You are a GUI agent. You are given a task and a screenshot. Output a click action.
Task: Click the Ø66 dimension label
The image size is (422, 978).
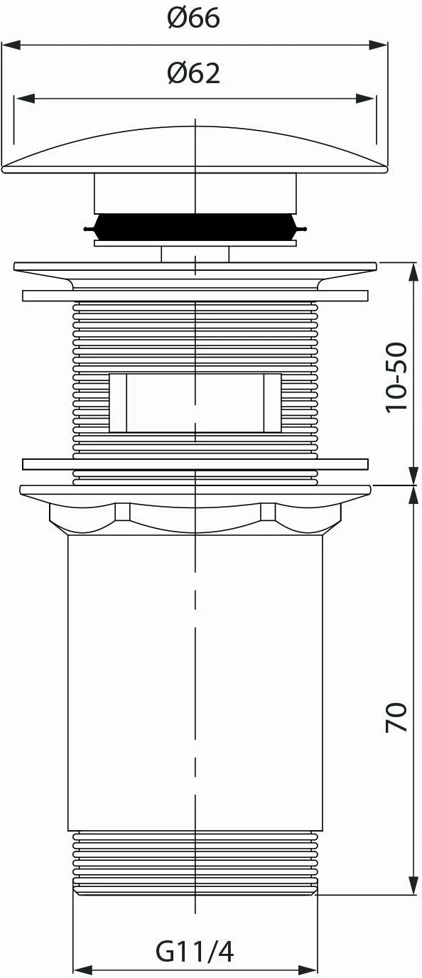point(193,18)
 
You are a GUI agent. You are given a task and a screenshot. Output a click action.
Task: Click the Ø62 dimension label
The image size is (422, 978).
point(193,73)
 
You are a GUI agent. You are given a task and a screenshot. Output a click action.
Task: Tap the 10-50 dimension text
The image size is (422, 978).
point(396,377)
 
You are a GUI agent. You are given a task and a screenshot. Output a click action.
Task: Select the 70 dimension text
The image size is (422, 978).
point(396,717)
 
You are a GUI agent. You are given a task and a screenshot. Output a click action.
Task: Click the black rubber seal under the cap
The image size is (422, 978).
point(195,227)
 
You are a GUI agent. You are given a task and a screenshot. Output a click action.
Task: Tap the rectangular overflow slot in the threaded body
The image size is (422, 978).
point(195,402)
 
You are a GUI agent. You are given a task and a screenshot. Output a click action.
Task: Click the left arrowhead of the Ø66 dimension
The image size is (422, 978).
point(11,45)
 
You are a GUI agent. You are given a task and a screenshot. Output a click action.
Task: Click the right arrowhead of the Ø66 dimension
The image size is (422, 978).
point(378,45)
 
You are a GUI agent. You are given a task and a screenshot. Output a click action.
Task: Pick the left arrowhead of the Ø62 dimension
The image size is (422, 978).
point(24,99)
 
